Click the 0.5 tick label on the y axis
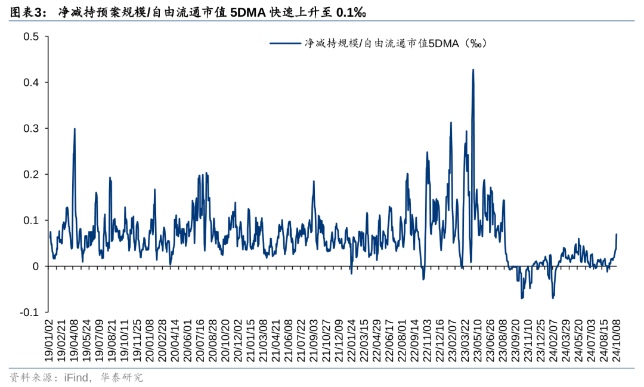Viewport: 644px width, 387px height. pyautogui.click(x=31, y=36)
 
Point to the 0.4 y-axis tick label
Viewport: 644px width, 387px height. pyautogui.click(x=31, y=82)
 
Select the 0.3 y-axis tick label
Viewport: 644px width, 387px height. pyautogui.click(x=31, y=128)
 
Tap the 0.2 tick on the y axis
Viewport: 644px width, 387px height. pyautogui.click(x=31, y=174)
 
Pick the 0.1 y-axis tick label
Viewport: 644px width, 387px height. pyautogui.click(x=31, y=220)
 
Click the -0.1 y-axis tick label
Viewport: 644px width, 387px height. pyautogui.click(x=30, y=312)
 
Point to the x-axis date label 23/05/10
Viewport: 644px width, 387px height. pyautogui.click(x=477, y=338)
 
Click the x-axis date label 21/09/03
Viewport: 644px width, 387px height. pyautogui.click(x=314, y=338)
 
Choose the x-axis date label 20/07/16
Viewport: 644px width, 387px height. pyautogui.click(x=201, y=338)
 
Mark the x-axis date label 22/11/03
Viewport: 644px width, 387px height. pyautogui.click(x=427, y=338)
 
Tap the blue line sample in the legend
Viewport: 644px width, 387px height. pyautogui.click(x=285, y=43)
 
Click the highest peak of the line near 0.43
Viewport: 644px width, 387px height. pyautogui.click(x=473, y=70)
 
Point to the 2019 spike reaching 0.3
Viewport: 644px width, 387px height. pyautogui.click(x=75, y=129)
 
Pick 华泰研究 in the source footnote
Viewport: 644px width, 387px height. pyautogui.click(x=126, y=377)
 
